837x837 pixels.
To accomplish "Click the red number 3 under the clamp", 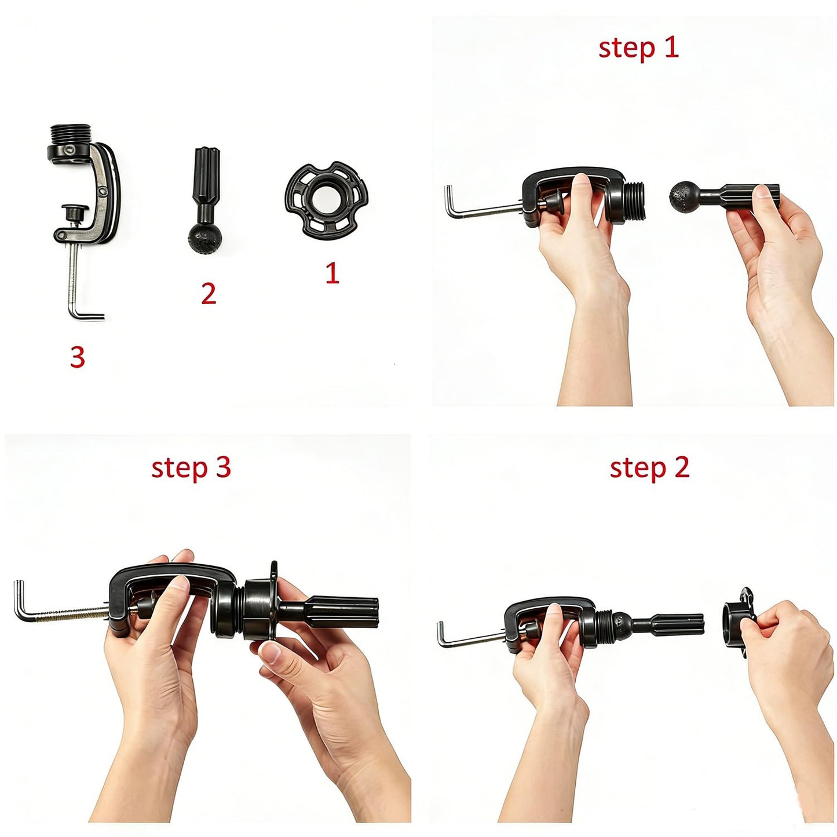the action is [x=77, y=357].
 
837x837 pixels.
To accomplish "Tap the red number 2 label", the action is [x=209, y=293].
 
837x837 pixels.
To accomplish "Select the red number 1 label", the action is [x=332, y=273].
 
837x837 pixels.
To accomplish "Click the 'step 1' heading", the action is [x=638, y=49].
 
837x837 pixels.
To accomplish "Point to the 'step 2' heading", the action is [x=649, y=469].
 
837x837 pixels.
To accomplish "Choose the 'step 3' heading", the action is [x=191, y=469].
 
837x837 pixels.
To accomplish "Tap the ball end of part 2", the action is [x=205, y=237].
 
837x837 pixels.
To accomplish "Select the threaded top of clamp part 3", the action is [x=70, y=135].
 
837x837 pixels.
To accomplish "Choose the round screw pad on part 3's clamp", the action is [x=75, y=211].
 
